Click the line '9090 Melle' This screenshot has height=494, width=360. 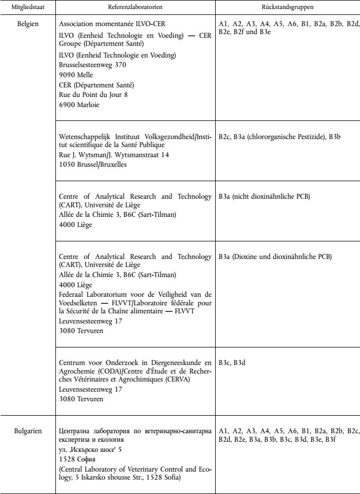pyautogui.click(x=76, y=75)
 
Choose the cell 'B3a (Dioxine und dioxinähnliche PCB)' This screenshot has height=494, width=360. pyautogui.click(x=275, y=256)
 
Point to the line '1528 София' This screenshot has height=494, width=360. pyautogui.click(x=77, y=460)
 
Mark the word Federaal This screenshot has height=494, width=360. pyautogui.click(x=73, y=295)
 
